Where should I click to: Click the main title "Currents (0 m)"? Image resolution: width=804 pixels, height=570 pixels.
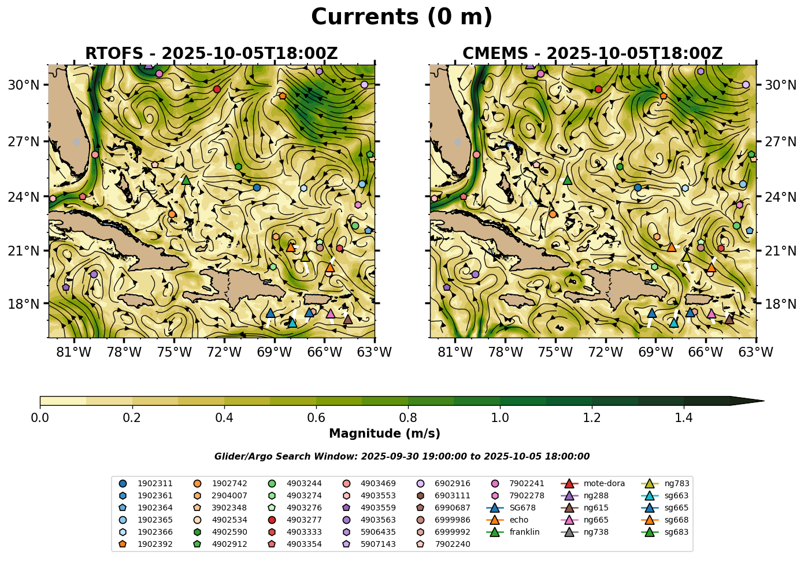[x=402, y=17]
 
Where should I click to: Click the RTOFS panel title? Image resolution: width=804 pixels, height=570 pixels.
[x=211, y=54]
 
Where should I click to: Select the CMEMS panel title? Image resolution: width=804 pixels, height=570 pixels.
[x=592, y=54]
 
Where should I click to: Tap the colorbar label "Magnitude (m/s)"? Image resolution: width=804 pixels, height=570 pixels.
[x=384, y=434]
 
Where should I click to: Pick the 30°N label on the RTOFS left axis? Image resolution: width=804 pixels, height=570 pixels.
[x=24, y=85]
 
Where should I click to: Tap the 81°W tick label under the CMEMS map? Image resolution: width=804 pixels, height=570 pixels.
[x=455, y=352]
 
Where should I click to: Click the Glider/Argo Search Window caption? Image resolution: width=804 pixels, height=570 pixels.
[x=402, y=457]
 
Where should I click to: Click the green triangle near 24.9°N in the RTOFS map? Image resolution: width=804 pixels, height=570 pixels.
[x=186, y=180]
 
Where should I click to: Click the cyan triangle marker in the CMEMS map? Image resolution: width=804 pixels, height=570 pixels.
[x=674, y=323]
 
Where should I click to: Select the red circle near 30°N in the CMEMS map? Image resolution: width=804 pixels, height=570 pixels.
[x=598, y=89]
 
